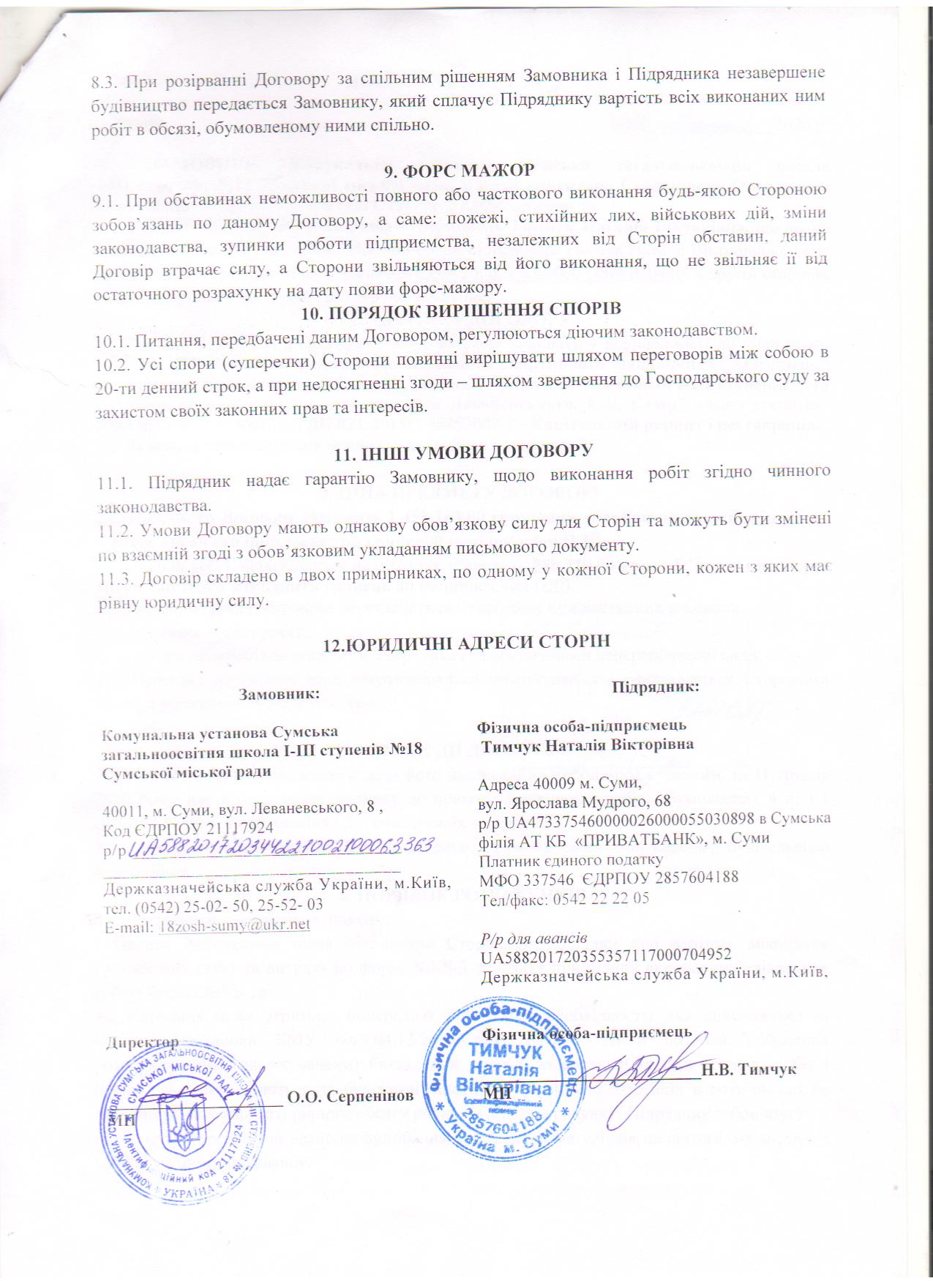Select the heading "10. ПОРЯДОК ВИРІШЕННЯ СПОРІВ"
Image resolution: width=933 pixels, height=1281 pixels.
[x=462, y=311]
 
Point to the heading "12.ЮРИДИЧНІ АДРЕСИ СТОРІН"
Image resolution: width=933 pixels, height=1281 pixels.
[x=466, y=642]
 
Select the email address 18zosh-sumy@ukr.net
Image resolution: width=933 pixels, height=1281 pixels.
[x=234, y=925]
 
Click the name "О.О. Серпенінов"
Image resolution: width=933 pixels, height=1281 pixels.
[x=350, y=1096]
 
